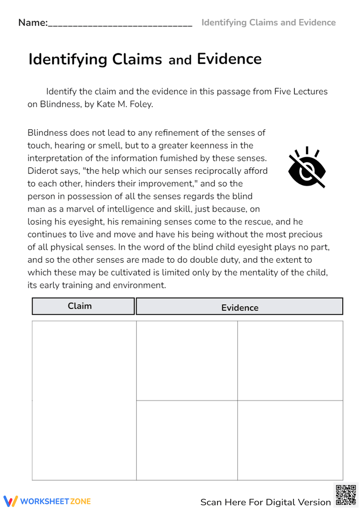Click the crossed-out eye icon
click(307, 168)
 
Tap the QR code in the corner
click(346, 495)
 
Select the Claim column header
click(83, 306)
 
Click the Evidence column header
click(240, 307)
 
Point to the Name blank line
click(120, 24)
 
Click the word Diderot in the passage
click(42, 171)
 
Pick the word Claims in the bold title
click(137, 59)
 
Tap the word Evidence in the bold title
click(229, 59)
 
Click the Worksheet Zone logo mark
click(10, 501)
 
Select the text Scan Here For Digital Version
click(265, 502)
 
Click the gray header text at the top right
click(269, 23)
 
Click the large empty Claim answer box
click(84, 400)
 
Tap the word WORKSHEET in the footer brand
click(45, 501)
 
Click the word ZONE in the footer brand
click(80, 501)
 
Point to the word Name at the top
click(32, 23)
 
